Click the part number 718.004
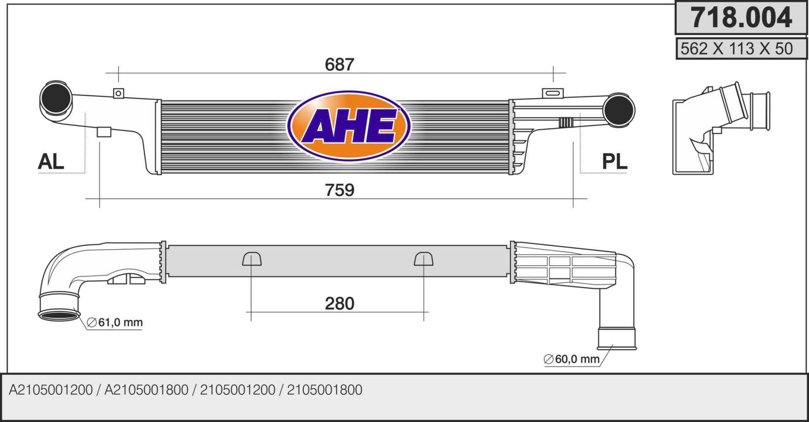tap(741, 18)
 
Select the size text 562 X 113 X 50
tap(736, 49)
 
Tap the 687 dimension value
tap(339, 65)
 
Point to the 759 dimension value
tap(339, 190)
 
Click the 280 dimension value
tap(339, 304)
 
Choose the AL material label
tap(51, 161)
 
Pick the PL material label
tap(614, 161)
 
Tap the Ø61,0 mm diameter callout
tap(115, 322)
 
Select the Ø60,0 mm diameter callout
tap(571, 359)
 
